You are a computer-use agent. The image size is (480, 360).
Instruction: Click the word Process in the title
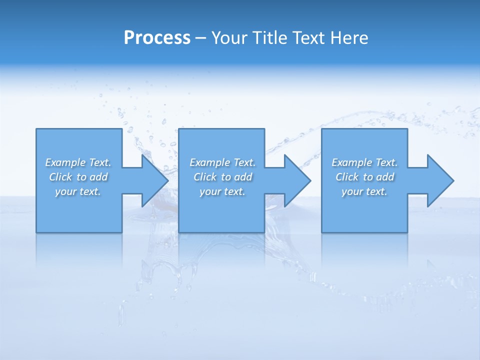click(x=157, y=38)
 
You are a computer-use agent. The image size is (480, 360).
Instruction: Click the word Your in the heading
click(x=230, y=38)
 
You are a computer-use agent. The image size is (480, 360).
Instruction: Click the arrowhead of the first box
click(x=155, y=180)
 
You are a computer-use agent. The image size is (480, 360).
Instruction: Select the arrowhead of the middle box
click(x=297, y=180)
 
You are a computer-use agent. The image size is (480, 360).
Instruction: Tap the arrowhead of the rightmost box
click(x=440, y=180)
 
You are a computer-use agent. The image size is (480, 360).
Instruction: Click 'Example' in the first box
click(x=65, y=162)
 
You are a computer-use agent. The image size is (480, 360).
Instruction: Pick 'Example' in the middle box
click(x=209, y=162)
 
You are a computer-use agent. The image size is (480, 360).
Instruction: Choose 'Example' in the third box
click(x=351, y=162)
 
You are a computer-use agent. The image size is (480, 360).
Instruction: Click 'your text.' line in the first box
click(x=78, y=191)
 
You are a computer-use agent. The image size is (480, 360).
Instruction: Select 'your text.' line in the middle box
click(x=222, y=191)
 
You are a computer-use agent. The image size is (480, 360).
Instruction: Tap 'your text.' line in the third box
click(x=364, y=191)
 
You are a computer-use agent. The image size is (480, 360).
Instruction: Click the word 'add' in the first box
click(x=99, y=177)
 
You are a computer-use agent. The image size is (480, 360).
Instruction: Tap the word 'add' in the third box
click(x=385, y=177)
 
